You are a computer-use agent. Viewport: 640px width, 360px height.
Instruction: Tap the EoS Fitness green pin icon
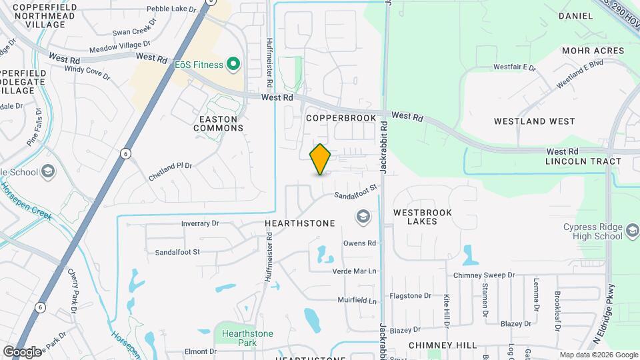pos(233,64)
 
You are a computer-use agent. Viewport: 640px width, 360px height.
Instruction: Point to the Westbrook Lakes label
pos(422,217)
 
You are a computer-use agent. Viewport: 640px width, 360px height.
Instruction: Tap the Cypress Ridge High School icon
pos(633,231)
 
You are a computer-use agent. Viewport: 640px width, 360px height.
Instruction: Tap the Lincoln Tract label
pos(583,161)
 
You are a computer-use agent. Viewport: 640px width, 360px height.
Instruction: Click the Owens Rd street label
pos(359,243)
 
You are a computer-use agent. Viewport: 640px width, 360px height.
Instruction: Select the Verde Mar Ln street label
pos(355,271)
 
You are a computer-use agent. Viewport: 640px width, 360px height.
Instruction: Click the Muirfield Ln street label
pos(357,301)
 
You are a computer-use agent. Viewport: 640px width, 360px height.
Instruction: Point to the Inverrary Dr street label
pos(200,224)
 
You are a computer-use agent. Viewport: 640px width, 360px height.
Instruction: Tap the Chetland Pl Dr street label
pos(170,165)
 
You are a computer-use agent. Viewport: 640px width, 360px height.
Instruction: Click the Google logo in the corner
pos(22,351)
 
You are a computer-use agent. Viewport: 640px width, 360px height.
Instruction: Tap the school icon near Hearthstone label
pos(363,216)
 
